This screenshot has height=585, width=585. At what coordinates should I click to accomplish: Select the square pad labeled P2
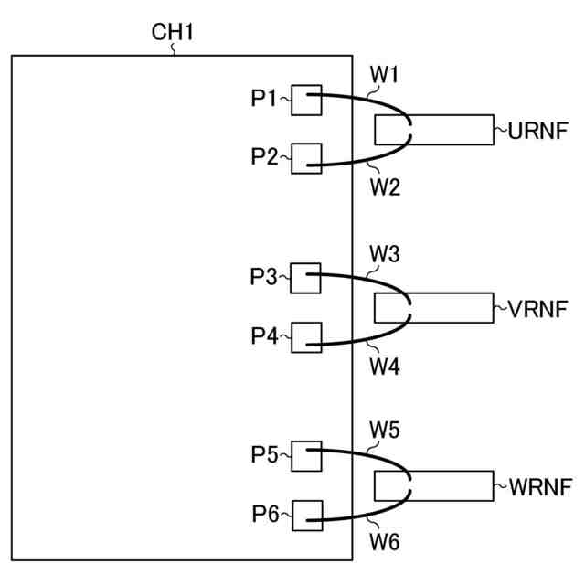point(306,158)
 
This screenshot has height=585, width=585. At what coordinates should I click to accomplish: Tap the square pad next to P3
point(306,278)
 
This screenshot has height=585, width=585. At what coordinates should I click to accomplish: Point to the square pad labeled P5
point(306,455)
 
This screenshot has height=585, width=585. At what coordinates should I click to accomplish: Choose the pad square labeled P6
point(306,516)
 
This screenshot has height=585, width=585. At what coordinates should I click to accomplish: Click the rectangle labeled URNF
point(448,131)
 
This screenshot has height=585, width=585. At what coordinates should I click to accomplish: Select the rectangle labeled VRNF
point(448,308)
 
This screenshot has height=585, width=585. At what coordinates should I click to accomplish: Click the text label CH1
point(173,34)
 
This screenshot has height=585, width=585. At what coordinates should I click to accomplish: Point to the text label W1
point(385,72)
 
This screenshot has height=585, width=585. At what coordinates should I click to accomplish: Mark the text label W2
point(385,188)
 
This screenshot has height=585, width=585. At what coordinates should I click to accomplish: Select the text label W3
point(385,250)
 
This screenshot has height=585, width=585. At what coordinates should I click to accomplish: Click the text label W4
point(385,367)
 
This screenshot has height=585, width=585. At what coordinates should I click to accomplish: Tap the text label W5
point(385,428)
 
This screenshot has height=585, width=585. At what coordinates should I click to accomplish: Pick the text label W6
point(385,544)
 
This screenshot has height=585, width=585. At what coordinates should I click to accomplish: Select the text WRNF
point(537,486)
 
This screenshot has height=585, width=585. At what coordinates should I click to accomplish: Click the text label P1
point(264,99)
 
